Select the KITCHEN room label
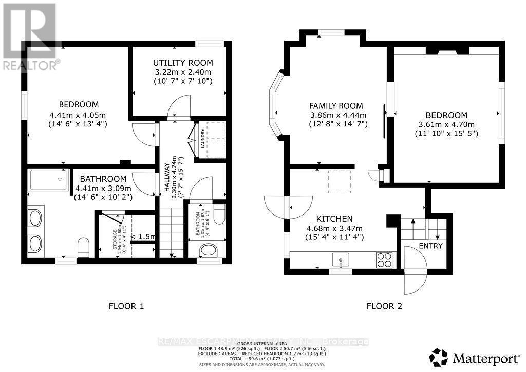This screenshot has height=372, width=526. (337, 218)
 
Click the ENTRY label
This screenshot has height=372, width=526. (430, 246)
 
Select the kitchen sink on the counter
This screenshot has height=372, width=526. (340, 259)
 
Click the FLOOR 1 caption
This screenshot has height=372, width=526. (126, 306)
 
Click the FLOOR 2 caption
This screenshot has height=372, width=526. (384, 306)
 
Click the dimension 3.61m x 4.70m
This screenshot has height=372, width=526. (446, 124)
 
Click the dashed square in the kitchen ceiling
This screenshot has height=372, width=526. (339, 182)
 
